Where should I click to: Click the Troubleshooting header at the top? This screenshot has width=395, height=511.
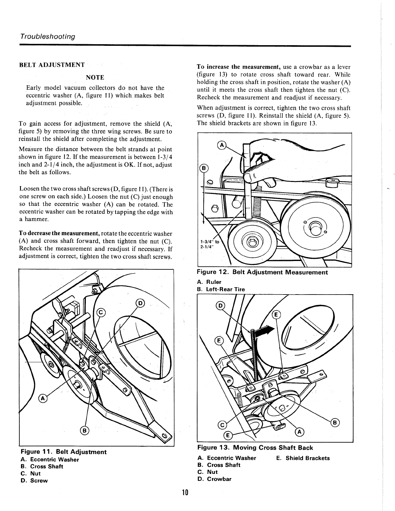(x=48, y=36)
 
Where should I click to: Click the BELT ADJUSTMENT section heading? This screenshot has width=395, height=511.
(x=52, y=65)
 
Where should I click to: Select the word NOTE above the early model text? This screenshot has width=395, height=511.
(x=95, y=77)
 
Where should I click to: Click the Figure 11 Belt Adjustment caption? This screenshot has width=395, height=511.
(x=63, y=452)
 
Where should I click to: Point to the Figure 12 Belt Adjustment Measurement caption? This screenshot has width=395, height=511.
(x=262, y=272)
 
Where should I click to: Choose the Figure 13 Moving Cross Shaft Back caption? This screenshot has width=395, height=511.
(x=255, y=447)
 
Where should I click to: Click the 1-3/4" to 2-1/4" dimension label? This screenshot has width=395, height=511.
(x=210, y=245)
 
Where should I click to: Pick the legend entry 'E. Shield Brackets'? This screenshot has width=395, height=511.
(x=303, y=458)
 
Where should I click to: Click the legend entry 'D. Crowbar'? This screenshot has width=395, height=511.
(x=214, y=479)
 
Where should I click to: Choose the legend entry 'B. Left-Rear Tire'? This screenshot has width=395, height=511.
(x=221, y=289)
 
